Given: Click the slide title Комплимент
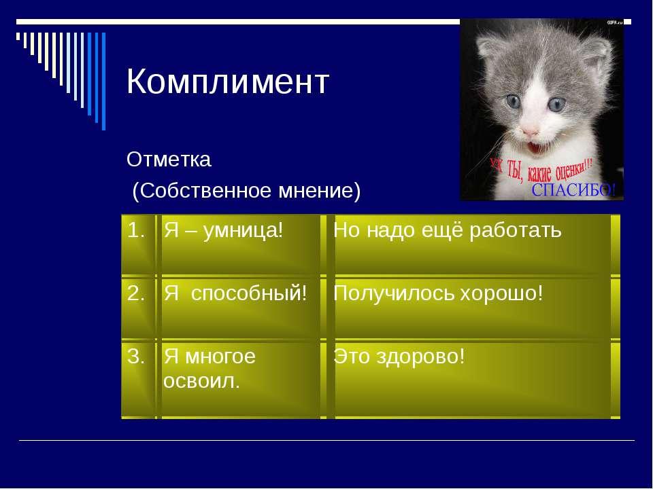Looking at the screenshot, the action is (228, 81).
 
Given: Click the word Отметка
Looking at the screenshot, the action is (169, 159).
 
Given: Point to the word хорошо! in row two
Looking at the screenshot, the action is (502, 293).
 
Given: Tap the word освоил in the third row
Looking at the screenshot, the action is (201, 381).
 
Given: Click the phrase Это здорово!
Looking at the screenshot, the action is (399, 357).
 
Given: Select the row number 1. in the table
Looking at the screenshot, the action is (136, 230).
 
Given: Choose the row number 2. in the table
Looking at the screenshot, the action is (136, 293).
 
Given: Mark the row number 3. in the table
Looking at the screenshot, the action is (136, 357).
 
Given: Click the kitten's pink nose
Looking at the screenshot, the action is (530, 132).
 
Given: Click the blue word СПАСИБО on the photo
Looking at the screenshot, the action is (573, 190).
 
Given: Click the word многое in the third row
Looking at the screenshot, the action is (220, 357).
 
